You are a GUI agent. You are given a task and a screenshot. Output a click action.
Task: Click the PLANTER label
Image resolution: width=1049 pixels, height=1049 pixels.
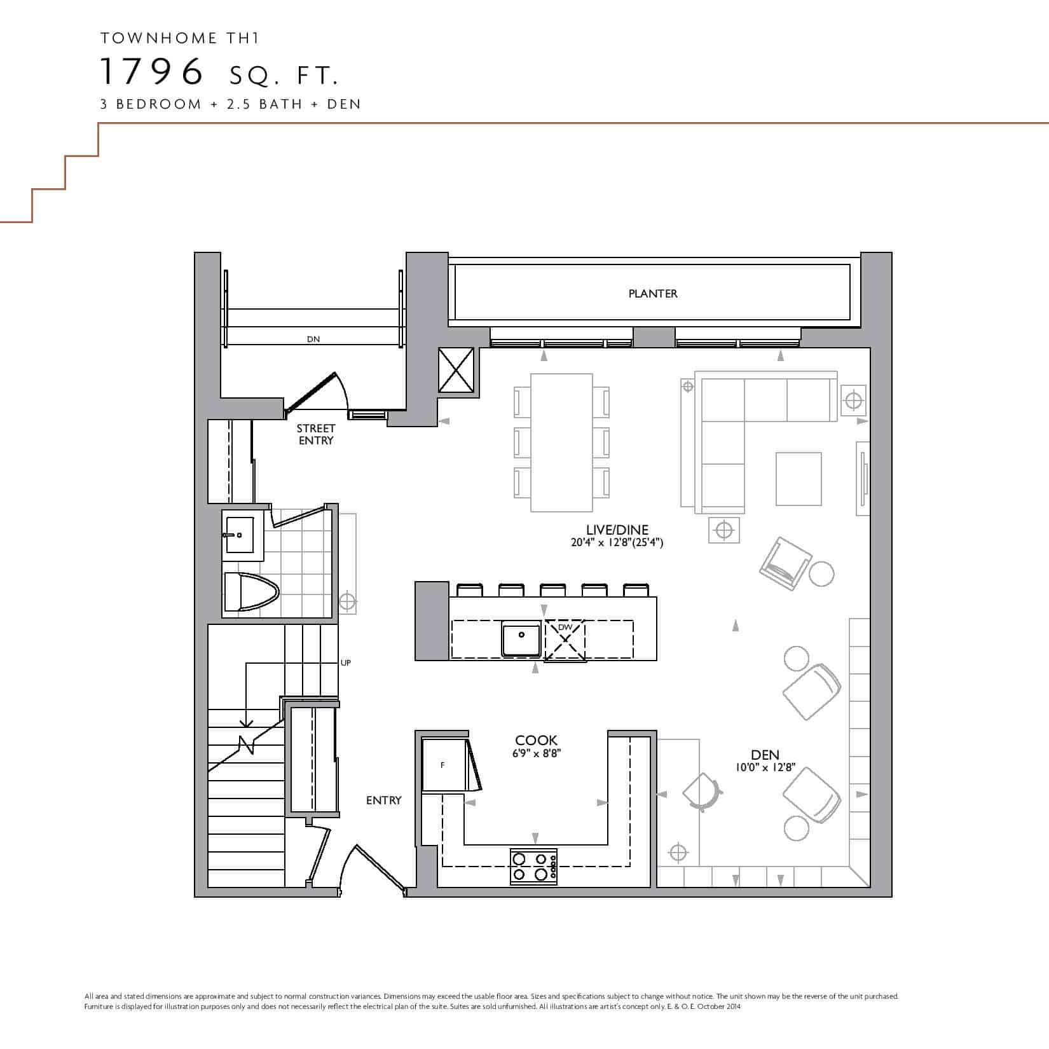click(x=653, y=294)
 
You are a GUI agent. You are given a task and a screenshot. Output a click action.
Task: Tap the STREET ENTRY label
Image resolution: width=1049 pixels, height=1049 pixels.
click(x=316, y=435)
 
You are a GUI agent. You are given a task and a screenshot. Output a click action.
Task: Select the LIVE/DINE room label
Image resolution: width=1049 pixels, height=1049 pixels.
click(x=617, y=530)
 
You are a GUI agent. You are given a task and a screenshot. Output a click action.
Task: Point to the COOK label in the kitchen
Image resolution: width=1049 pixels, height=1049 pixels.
click(x=536, y=741)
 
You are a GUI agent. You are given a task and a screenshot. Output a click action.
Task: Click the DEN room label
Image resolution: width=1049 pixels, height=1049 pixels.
click(x=765, y=755)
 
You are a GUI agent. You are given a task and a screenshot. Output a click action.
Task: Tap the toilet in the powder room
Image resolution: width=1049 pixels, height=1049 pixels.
click(x=251, y=593)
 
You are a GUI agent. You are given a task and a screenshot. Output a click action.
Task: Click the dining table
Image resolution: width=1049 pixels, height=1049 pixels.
click(x=561, y=442)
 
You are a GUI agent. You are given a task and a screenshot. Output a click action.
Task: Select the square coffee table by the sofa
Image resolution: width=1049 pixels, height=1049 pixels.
click(x=799, y=479)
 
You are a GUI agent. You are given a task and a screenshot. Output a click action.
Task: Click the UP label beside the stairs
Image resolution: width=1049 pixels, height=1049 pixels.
click(x=346, y=663)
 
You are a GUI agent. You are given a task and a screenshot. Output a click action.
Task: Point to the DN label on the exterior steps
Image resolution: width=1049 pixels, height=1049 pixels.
click(x=313, y=339)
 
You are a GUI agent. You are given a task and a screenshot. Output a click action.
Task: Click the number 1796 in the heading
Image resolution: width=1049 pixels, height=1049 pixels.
click(x=152, y=71)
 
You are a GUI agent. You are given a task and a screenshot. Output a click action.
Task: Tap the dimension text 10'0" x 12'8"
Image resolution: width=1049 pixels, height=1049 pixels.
click(x=765, y=768)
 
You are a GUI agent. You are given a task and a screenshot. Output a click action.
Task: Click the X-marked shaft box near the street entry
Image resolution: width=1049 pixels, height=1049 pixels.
click(x=456, y=370)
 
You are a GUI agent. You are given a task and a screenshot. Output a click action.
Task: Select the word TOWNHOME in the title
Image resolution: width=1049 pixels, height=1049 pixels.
click(x=150, y=38)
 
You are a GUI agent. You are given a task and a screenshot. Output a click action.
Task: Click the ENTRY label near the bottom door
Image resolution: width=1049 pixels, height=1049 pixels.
click(x=384, y=800)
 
